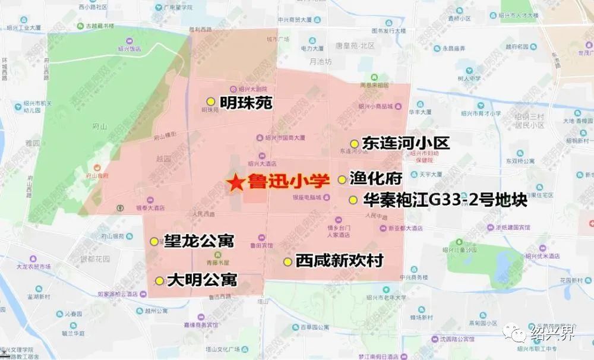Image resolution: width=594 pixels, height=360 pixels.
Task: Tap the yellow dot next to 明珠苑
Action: tap(210, 102)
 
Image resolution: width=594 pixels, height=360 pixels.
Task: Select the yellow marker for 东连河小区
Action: tap(354, 144)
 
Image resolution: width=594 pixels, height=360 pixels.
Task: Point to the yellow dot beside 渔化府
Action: tap(342, 179)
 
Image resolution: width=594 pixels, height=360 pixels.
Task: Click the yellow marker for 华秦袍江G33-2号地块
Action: tap(353, 200)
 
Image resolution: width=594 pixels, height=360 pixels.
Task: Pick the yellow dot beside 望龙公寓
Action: tap(154, 241)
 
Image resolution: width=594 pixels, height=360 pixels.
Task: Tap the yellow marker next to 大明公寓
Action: tap(159, 281)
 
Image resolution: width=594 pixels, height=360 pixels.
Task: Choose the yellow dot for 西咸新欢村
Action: tap(287, 261)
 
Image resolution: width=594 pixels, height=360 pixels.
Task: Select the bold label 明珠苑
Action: tap(246, 103)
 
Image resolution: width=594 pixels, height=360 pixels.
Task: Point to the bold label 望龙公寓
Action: tap(200, 241)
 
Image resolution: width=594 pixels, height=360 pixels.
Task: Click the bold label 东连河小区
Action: tap(405, 143)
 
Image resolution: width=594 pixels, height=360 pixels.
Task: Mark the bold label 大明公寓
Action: tap(202, 280)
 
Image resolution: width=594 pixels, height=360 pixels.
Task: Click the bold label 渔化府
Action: tap(377, 179)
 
